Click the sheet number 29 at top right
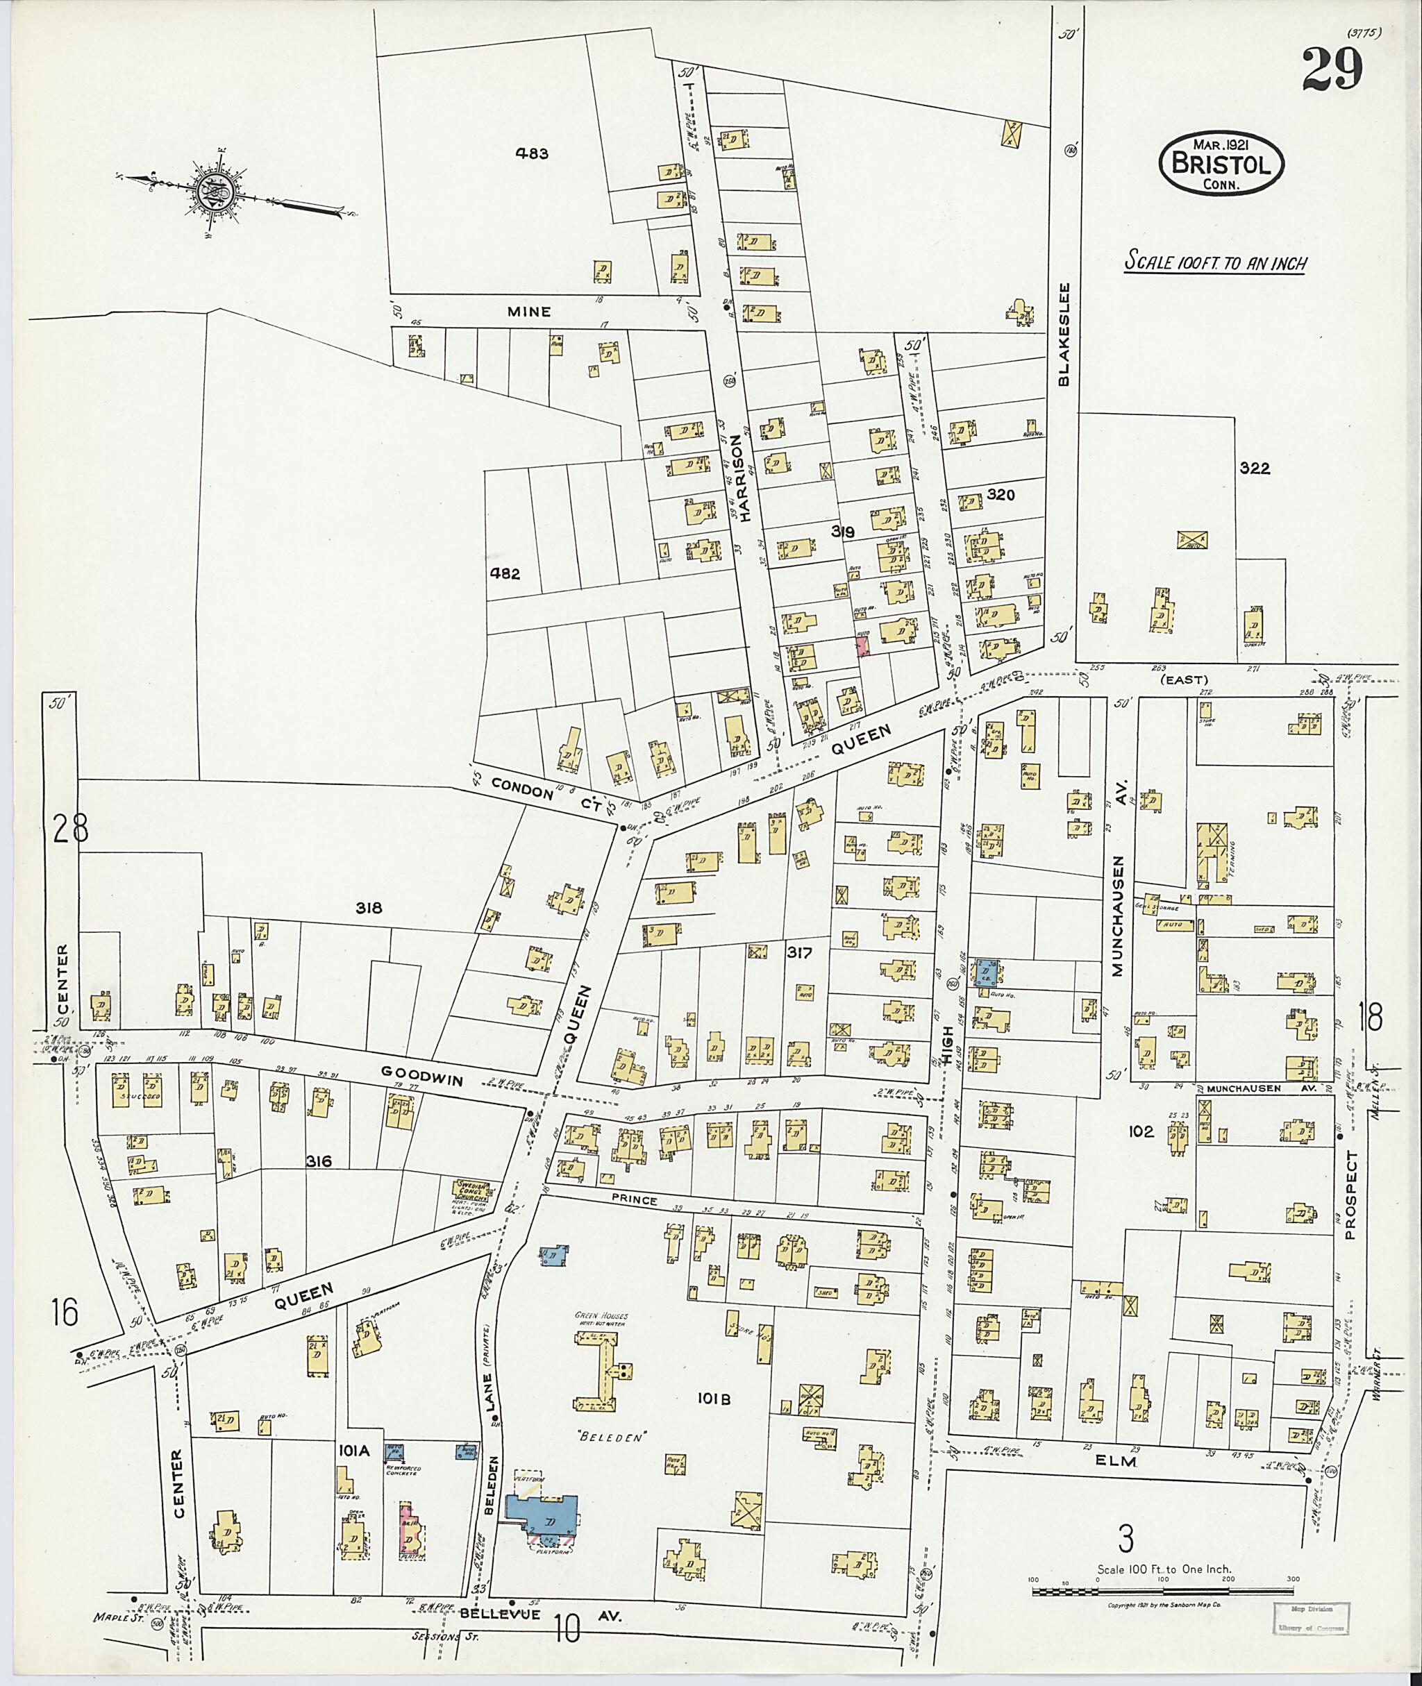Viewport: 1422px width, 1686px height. click(1331, 70)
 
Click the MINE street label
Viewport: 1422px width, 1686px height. click(529, 311)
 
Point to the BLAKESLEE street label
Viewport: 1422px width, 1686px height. click(1064, 334)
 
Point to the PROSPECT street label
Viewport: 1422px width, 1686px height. click(1351, 1195)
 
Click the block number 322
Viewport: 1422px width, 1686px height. click(1255, 469)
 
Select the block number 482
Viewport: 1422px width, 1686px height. click(505, 574)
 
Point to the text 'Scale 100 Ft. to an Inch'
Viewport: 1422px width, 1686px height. click(1215, 263)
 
